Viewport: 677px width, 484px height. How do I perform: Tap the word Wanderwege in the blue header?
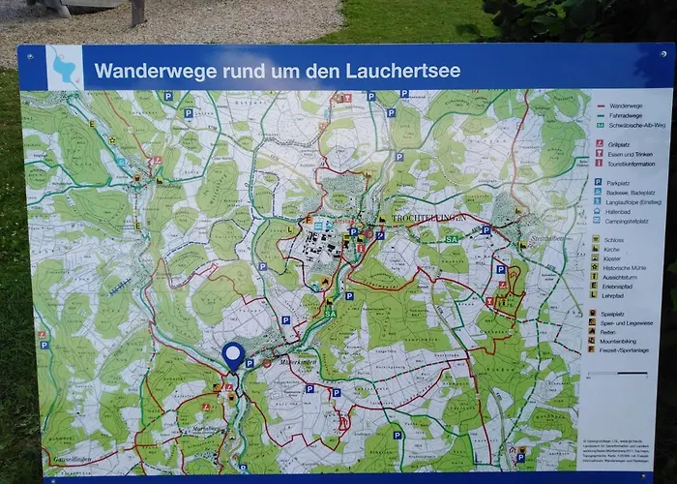(143, 71)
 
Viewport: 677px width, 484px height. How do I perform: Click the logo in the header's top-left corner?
(64, 68)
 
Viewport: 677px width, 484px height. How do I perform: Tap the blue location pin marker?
(232, 355)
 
